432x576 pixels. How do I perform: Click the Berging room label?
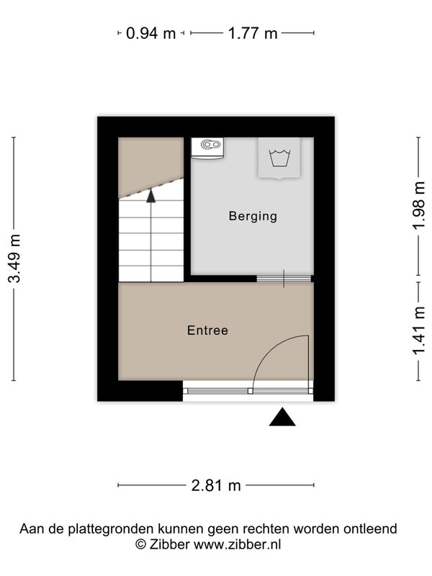click(253, 216)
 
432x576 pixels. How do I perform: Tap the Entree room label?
click(207, 330)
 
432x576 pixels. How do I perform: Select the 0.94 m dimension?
click(151, 33)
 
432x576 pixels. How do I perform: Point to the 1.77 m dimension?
click(253, 33)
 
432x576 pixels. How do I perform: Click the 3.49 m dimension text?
click(15, 258)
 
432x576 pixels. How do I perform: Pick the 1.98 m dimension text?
click(419, 206)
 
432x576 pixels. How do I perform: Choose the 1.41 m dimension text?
click(419, 331)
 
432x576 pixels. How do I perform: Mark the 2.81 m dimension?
click(216, 485)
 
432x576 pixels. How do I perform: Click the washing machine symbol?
click(279, 158)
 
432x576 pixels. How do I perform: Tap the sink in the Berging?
click(207, 148)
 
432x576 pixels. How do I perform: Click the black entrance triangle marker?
click(282, 417)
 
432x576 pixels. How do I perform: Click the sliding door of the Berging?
click(284, 279)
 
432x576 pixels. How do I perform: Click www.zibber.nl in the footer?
click(238, 544)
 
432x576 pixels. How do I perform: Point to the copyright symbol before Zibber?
click(140, 544)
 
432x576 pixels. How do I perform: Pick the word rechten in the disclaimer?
click(267, 529)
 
